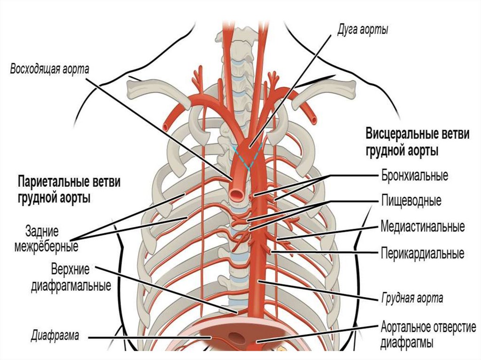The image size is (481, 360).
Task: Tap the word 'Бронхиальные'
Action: pos(414,177)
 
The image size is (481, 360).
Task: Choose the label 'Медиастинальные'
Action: pos(422,228)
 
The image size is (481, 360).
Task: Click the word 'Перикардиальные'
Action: pos(422,254)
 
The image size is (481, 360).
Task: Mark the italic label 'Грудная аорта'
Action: pos(411,298)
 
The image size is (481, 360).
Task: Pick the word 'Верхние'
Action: pos(70,272)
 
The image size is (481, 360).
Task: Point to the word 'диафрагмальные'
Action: pos(71,285)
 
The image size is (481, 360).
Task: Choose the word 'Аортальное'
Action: pos(405,326)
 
